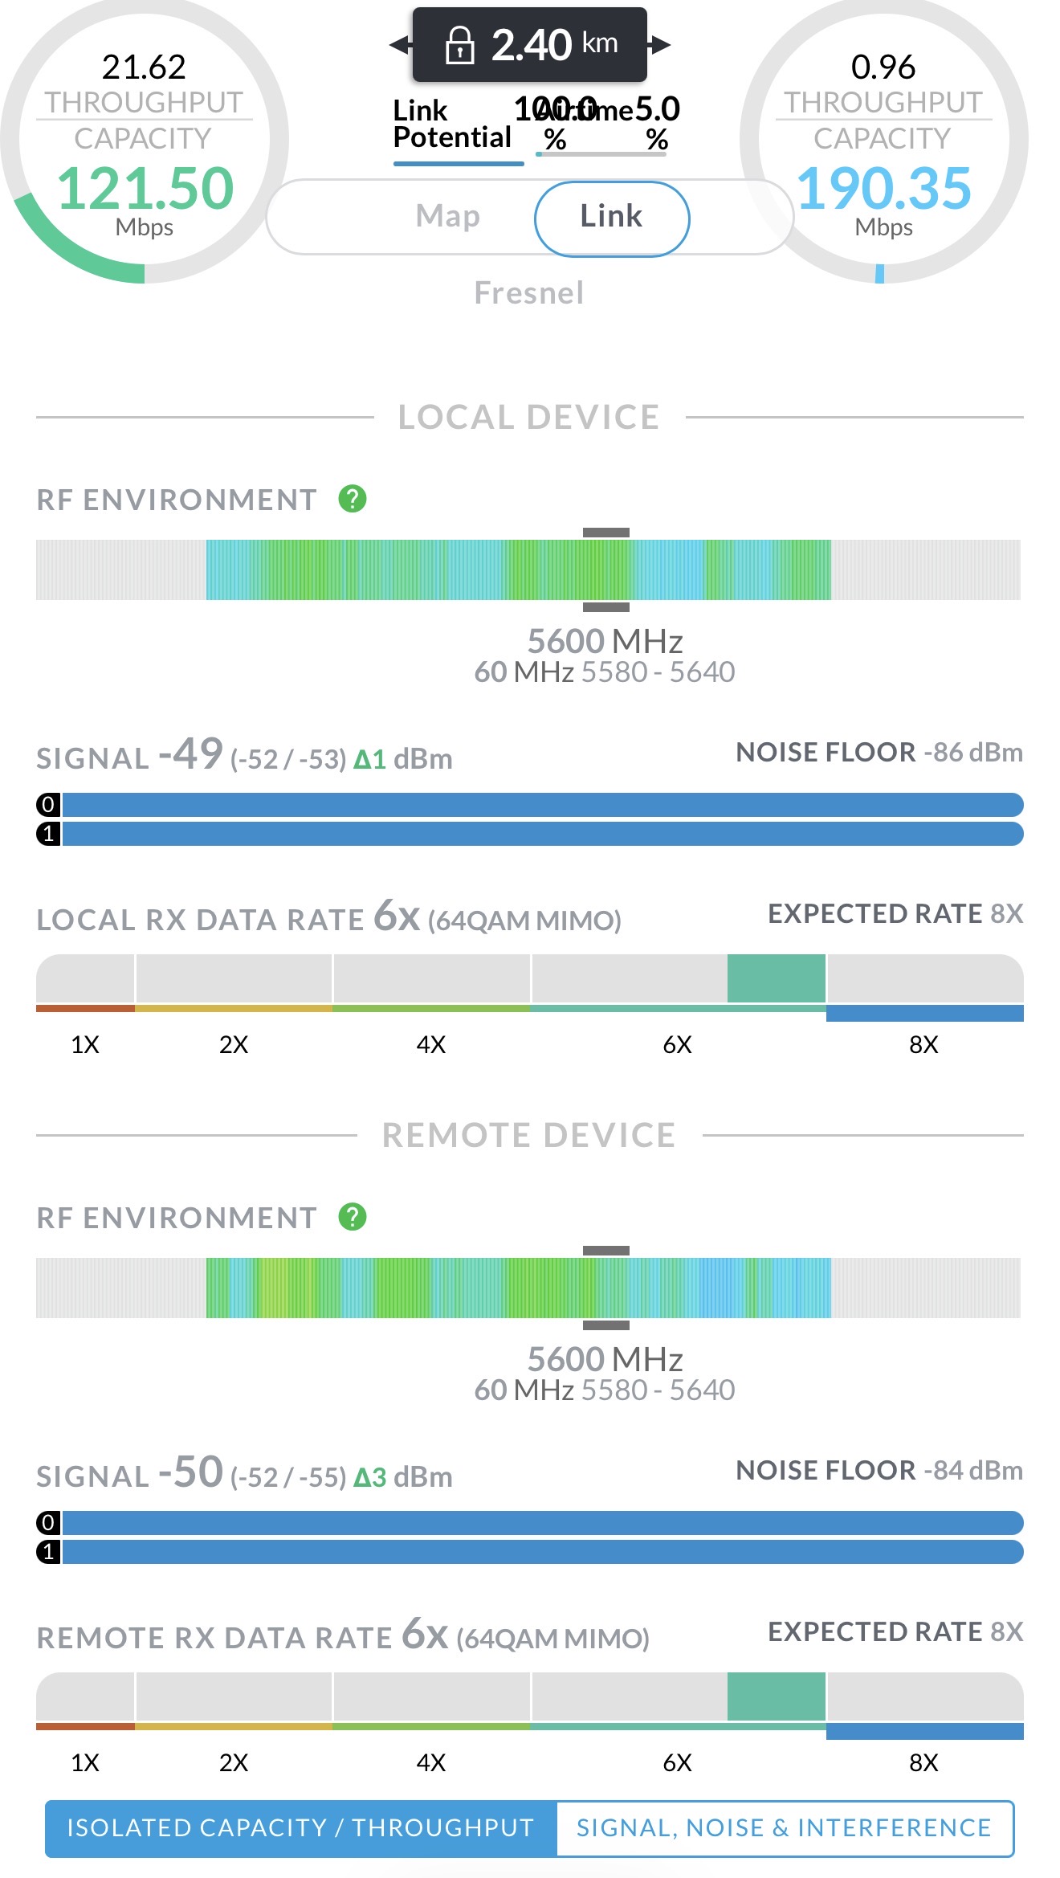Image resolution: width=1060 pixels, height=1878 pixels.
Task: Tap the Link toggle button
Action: click(611, 218)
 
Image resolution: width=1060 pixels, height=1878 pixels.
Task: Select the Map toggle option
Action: click(447, 217)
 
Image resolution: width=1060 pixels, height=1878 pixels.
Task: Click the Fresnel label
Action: click(529, 293)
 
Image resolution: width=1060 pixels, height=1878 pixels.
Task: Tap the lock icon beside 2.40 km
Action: click(459, 45)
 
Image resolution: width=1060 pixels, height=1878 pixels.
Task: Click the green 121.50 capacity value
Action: click(145, 189)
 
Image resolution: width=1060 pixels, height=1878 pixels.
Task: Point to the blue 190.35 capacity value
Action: click(883, 189)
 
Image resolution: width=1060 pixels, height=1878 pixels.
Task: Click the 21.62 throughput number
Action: click(144, 67)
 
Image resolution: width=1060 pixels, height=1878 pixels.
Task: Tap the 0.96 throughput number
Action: click(883, 67)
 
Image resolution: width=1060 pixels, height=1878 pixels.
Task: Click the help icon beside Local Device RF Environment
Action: click(353, 499)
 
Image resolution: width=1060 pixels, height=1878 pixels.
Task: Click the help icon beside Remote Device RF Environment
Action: click(353, 1217)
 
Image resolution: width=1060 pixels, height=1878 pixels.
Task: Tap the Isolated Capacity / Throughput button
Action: click(300, 1828)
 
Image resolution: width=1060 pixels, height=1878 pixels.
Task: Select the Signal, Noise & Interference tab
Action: click(784, 1828)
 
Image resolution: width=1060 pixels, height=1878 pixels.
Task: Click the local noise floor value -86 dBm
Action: click(972, 753)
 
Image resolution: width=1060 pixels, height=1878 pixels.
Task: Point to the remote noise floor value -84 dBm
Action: click(972, 1471)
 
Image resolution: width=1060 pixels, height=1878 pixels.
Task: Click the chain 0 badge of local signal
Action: click(48, 804)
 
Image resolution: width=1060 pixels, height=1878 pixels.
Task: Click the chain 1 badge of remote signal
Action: click(48, 1552)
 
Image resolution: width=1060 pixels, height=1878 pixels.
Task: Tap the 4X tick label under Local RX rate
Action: click(430, 1044)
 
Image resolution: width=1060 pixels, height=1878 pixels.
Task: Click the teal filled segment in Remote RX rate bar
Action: click(776, 1696)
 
